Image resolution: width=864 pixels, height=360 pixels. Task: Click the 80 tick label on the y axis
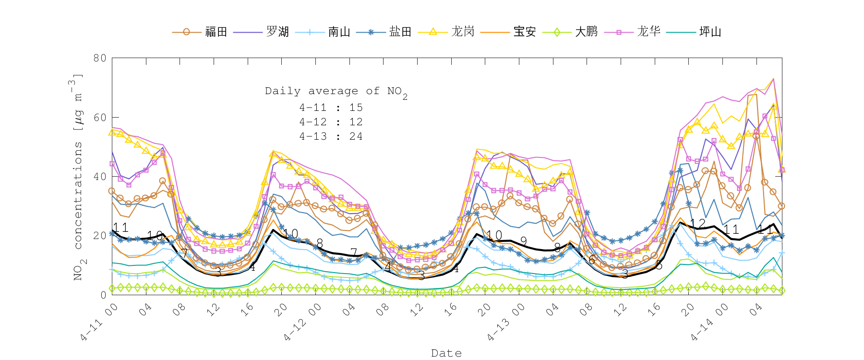point(100,58)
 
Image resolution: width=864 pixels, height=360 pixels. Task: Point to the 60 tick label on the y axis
point(100,117)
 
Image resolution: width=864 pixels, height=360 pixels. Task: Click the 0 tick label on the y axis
point(103,295)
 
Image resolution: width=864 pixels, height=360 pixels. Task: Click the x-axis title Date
point(446,353)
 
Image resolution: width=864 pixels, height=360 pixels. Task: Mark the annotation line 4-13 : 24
point(331,136)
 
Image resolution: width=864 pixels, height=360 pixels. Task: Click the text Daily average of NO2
point(336,92)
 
